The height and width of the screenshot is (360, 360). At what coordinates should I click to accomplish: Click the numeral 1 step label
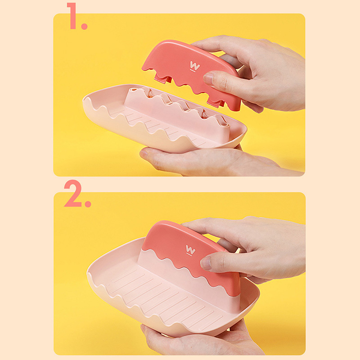tap(72, 16)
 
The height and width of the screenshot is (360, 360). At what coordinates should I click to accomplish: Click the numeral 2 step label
tap(73, 193)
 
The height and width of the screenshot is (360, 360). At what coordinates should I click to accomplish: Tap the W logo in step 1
tap(195, 66)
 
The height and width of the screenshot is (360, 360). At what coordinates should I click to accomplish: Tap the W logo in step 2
tap(190, 250)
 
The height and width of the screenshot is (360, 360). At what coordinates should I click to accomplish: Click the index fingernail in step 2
tap(206, 263)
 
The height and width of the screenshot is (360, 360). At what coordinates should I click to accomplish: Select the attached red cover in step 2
tap(191, 255)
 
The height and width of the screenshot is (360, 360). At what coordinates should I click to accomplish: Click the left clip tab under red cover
tap(162, 78)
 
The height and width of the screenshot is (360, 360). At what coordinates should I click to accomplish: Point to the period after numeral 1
tap(84, 26)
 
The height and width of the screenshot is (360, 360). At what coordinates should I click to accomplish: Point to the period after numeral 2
tap(88, 204)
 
